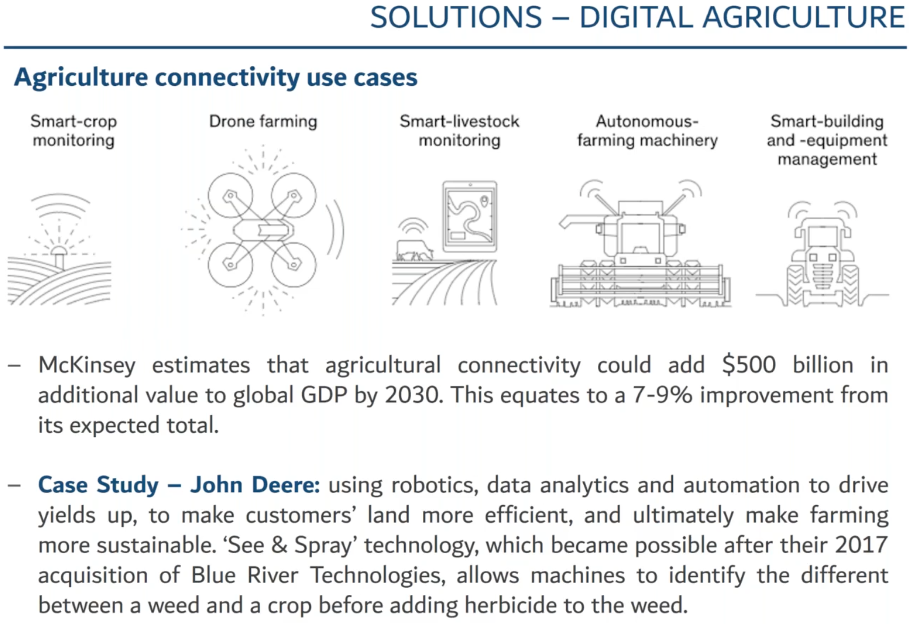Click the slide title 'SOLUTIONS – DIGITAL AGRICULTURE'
click(637, 17)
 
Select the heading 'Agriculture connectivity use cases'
click(215, 77)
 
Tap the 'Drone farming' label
click(263, 122)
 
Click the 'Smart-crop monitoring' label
click(74, 131)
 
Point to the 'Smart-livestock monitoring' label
click(459, 131)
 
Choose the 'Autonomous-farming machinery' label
click(647, 131)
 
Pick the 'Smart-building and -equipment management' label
click(827, 140)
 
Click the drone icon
click(263, 230)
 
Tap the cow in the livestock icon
click(414, 250)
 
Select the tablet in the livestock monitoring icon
click(470, 216)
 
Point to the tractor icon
click(822, 255)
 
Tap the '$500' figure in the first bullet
click(749, 365)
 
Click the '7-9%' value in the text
click(662, 395)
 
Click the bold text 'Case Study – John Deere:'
click(179, 485)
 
